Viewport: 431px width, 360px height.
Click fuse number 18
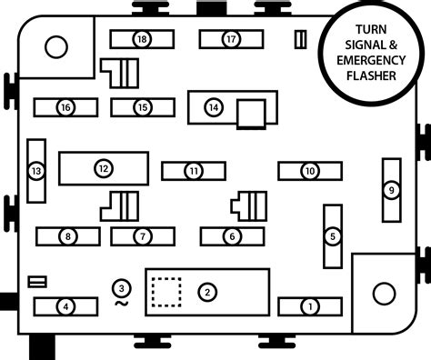coord(142,39)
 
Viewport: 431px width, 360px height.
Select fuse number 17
coord(231,39)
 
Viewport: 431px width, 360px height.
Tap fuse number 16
coord(65,107)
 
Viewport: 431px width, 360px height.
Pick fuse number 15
coord(142,107)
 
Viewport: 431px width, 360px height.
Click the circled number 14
coord(214,107)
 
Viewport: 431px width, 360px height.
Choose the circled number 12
coord(103,168)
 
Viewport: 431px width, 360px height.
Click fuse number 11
coord(193,171)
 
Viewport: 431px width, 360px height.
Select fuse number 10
coord(309,171)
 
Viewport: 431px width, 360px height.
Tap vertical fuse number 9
coord(391,190)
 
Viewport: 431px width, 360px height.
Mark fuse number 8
coord(67,236)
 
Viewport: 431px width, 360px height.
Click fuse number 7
coord(142,236)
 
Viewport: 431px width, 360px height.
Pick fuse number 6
coord(231,236)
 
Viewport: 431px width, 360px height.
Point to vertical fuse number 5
coord(333,236)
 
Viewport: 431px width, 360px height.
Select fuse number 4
coord(65,306)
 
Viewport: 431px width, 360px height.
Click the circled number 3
coord(121,288)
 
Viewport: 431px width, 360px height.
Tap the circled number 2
coord(207,292)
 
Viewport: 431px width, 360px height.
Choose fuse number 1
coord(309,306)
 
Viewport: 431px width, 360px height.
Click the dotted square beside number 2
coord(165,292)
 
